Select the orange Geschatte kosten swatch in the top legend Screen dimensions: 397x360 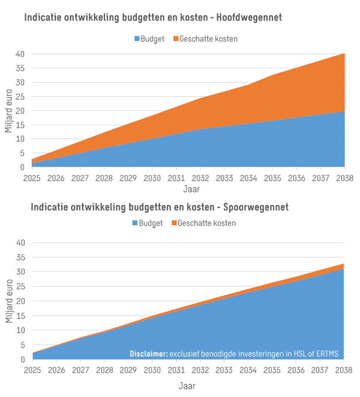[x=175, y=39]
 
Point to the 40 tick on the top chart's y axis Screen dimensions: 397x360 [x=20, y=54]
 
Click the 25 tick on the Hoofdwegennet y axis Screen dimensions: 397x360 [x=20, y=97]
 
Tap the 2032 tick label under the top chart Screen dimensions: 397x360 [x=200, y=178]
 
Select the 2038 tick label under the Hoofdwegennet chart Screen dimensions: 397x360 [x=344, y=178]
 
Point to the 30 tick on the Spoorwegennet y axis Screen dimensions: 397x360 [x=20, y=272]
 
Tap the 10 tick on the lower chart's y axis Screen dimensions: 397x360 [x=20, y=330]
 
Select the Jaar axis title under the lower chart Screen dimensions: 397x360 [x=188, y=386]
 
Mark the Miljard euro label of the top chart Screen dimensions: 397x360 [x=8, y=110]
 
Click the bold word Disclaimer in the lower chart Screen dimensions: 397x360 [x=148, y=354]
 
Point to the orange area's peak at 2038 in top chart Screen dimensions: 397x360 [x=343, y=55]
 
